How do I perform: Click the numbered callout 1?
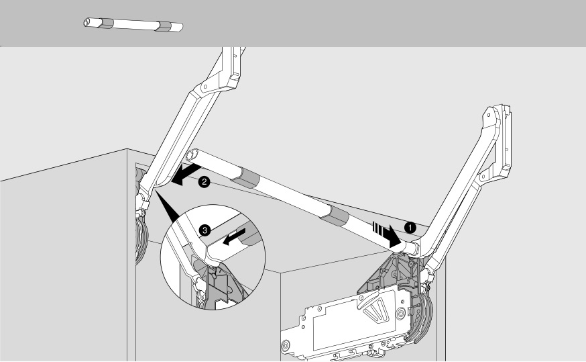click(410, 227)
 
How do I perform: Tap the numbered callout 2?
click(204, 182)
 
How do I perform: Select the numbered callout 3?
click(204, 230)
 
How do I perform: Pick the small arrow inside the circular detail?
click(234, 237)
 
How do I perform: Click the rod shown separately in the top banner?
click(133, 24)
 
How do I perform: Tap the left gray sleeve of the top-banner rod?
click(106, 23)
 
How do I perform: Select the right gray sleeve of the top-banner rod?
click(164, 27)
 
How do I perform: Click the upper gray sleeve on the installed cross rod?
click(245, 177)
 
